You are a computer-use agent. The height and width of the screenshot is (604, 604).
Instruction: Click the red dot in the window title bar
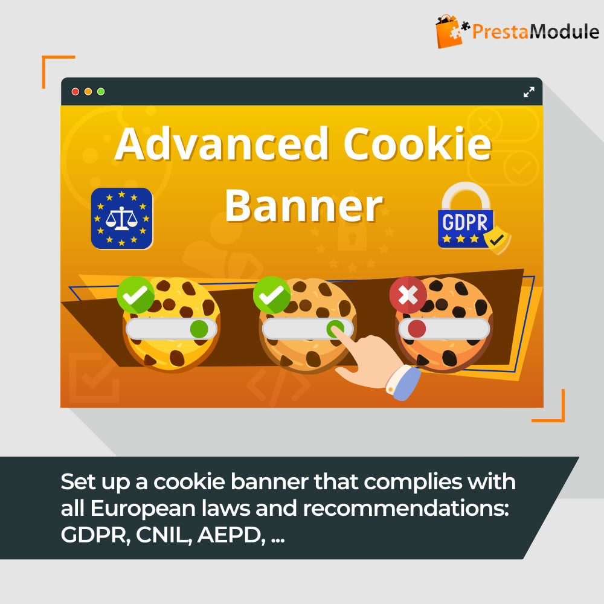75,92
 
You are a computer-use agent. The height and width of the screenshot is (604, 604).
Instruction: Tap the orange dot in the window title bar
88,92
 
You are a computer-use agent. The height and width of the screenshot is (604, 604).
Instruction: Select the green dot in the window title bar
101,92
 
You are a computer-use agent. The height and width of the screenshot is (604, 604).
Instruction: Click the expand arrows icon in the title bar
529,92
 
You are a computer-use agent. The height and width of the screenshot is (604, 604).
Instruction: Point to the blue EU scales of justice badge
122,219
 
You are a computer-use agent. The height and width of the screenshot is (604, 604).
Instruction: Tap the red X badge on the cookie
408,295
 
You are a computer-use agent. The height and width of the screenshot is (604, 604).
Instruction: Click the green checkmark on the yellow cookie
135,295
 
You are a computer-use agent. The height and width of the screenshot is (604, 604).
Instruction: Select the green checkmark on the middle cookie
272,295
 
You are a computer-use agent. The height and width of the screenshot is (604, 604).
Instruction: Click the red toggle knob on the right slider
417,329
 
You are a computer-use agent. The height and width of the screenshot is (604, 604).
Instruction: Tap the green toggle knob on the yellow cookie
199,329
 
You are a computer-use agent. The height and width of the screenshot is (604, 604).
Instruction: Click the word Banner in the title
304,207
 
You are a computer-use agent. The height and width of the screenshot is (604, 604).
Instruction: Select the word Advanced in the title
222,144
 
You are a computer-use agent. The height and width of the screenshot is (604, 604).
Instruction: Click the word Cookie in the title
417,144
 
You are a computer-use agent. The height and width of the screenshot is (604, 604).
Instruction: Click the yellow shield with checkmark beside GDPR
497,240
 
